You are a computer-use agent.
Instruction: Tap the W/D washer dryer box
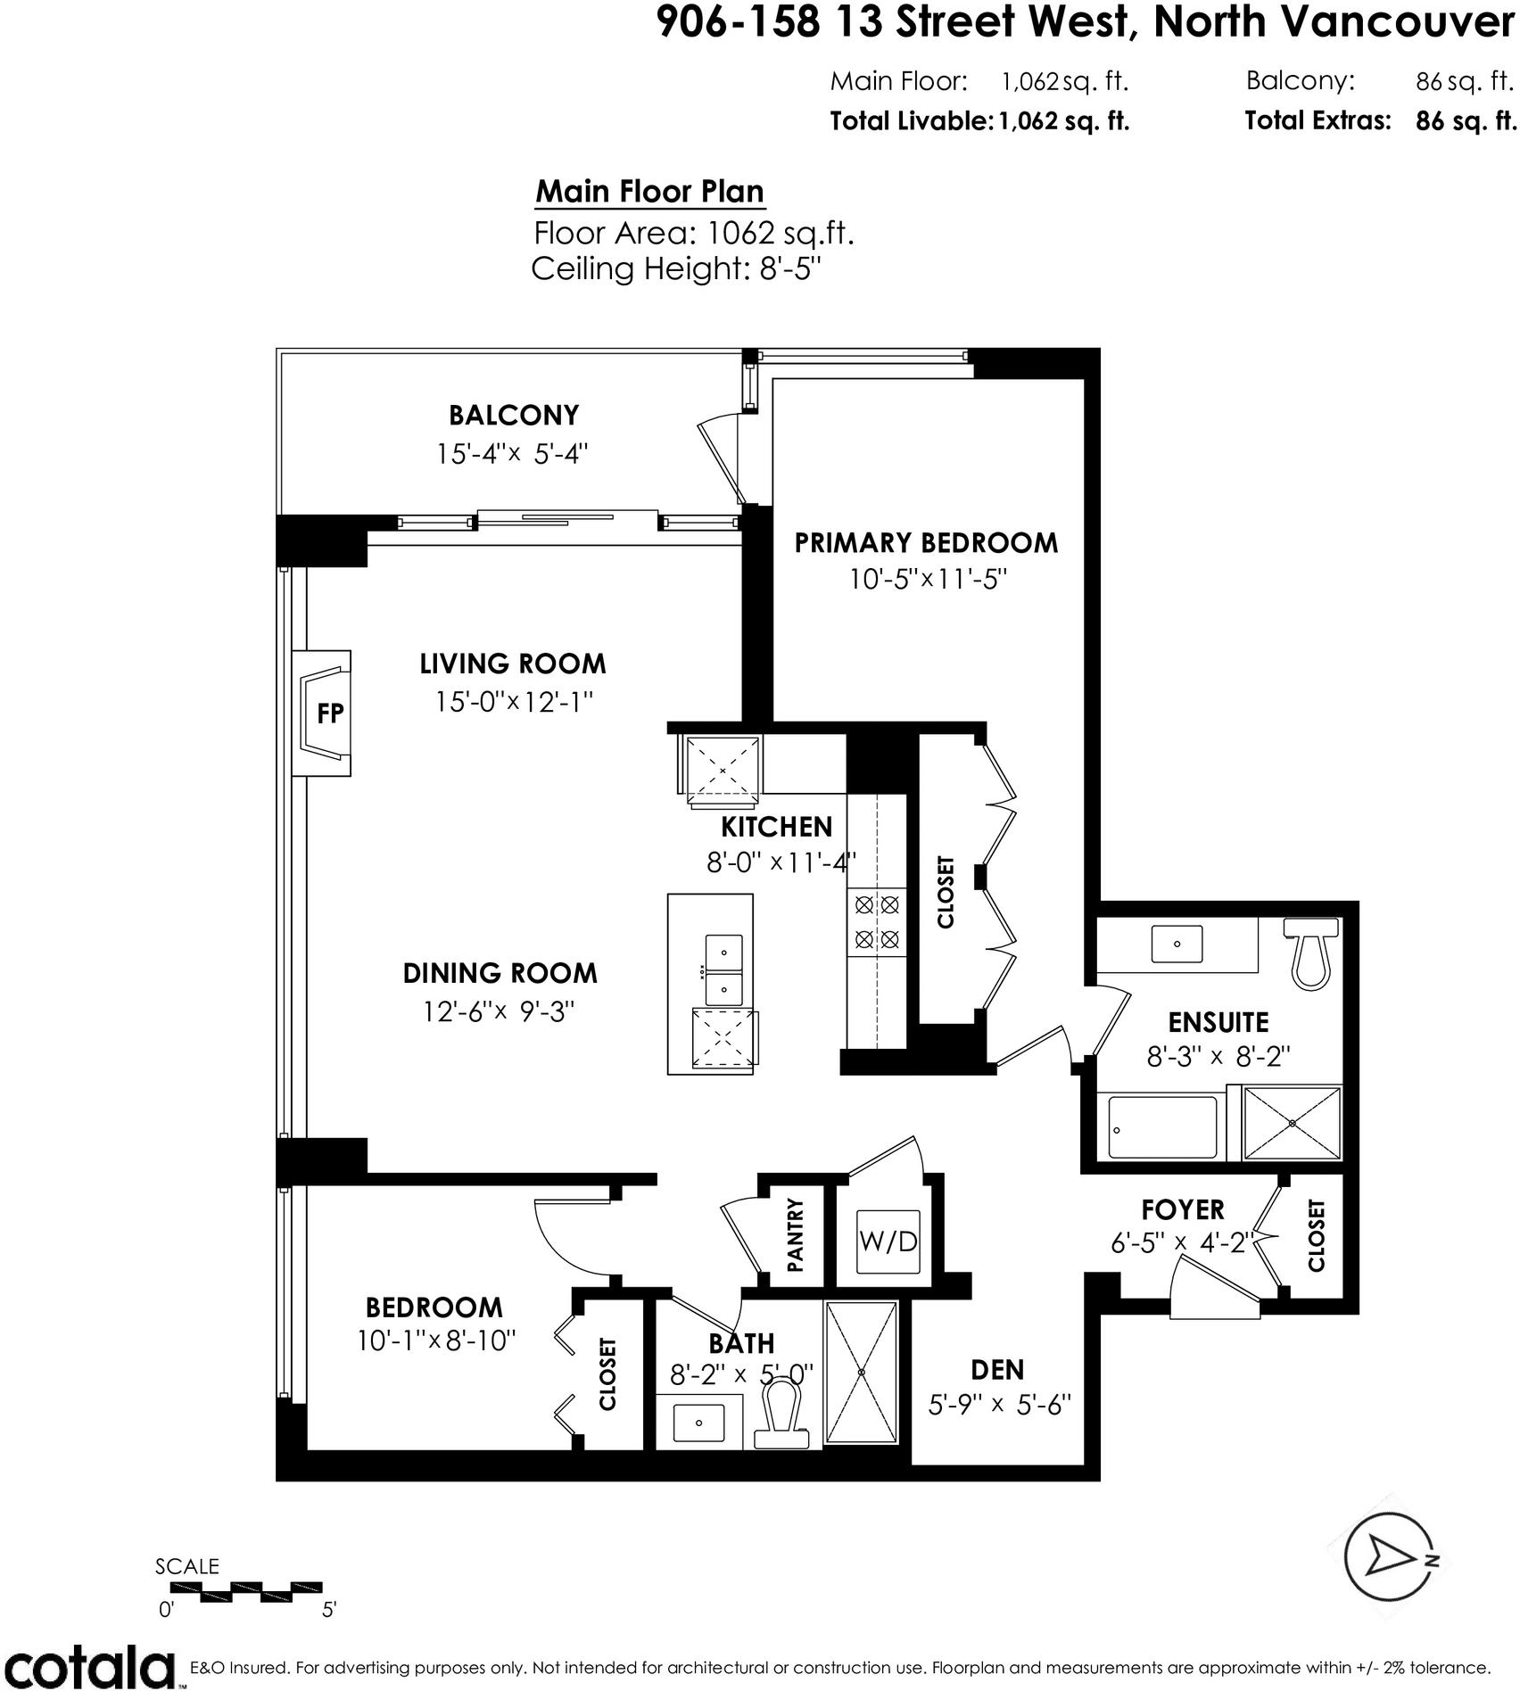(x=888, y=1241)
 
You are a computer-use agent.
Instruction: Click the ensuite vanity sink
(x=1177, y=944)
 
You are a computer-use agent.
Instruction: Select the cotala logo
(x=88, y=1664)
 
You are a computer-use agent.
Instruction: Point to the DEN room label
(x=997, y=1369)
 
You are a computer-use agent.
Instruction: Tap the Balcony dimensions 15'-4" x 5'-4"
(x=512, y=454)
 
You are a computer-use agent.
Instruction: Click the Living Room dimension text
(x=514, y=702)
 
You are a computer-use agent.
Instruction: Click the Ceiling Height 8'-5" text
(x=675, y=268)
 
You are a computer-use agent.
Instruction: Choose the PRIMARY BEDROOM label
(x=926, y=542)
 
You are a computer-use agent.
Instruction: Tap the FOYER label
(x=1183, y=1209)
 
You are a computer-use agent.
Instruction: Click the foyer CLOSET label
(x=1317, y=1235)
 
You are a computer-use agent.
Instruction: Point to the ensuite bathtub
(x=1162, y=1128)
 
